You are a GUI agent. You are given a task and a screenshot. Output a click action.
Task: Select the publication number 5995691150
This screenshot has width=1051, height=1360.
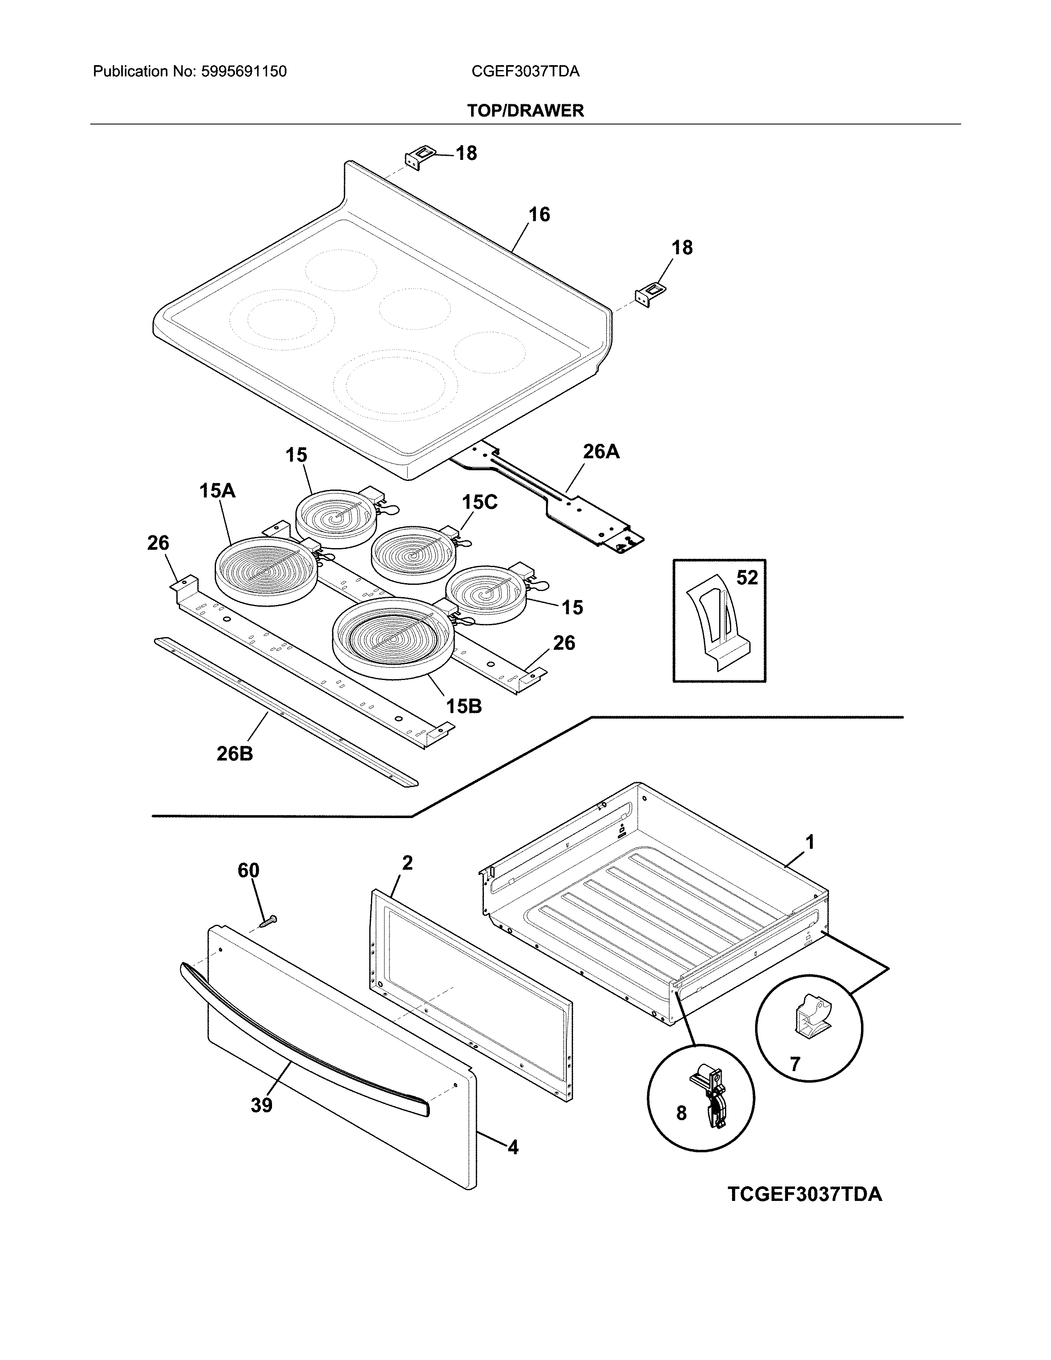[x=244, y=72]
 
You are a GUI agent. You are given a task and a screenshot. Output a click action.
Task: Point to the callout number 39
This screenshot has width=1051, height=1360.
[x=261, y=1105]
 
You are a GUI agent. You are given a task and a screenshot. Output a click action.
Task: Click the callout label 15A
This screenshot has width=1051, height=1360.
[x=217, y=491]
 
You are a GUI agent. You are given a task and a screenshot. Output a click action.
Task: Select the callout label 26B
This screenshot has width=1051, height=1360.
[x=235, y=753]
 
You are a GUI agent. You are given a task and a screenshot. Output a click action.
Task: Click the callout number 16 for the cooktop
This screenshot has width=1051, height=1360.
[x=539, y=214]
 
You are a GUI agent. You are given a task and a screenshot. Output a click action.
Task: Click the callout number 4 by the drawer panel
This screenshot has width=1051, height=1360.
[x=512, y=1147]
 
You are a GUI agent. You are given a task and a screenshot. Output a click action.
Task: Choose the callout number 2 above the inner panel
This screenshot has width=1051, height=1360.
[x=407, y=863]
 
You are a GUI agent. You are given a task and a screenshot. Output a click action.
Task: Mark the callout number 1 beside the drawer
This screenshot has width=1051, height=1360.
[x=809, y=842]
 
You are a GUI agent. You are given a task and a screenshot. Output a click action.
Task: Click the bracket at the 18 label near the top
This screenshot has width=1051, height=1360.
[x=418, y=157]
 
